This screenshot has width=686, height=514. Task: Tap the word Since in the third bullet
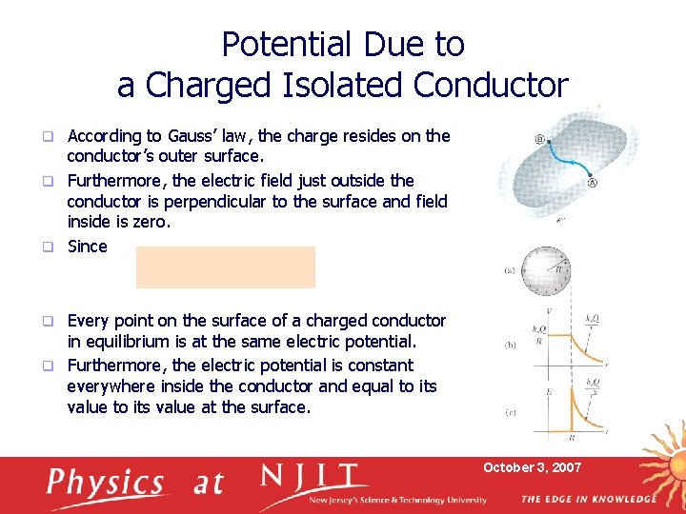point(88,247)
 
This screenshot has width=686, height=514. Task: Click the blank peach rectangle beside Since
point(225,267)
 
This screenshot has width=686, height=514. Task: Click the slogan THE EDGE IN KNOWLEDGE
point(588,500)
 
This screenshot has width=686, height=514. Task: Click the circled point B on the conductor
point(540,139)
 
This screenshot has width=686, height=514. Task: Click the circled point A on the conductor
point(593,183)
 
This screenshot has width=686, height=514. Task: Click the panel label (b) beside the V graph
point(510,345)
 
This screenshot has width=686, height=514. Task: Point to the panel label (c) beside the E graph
point(510,413)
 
